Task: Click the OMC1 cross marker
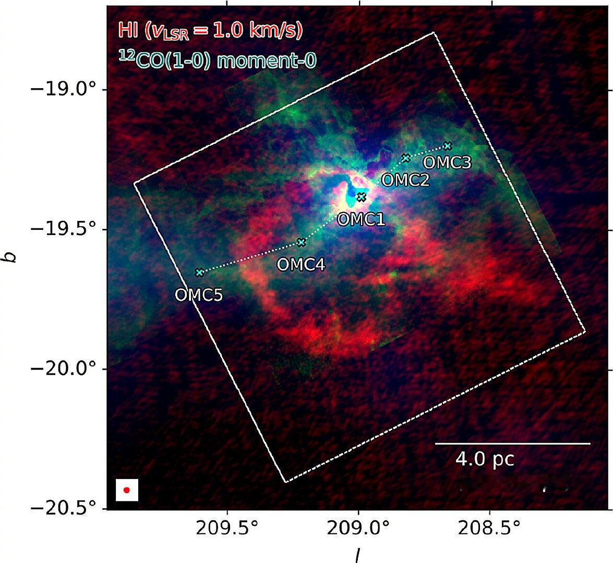tap(362, 197)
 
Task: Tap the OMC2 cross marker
tap(406, 158)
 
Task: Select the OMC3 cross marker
tap(448, 146)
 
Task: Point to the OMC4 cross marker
tap(301, 242)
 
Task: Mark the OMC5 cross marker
tap(199, 272)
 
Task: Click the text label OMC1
tap(361, 219)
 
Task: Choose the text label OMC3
tap(448, 163)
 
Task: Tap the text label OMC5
tap(199, 295)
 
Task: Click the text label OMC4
tap(301, 265)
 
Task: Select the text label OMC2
tap(405, 180)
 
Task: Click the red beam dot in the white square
tap(127, 490)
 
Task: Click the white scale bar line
tap(512, 444)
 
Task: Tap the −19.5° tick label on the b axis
tap(63, 229)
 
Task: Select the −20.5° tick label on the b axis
tap(63, 509)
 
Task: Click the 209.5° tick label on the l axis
tap(227, 530)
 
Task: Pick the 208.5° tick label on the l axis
tap(489, 530)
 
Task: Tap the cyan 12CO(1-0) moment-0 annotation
tap(217, 60)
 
